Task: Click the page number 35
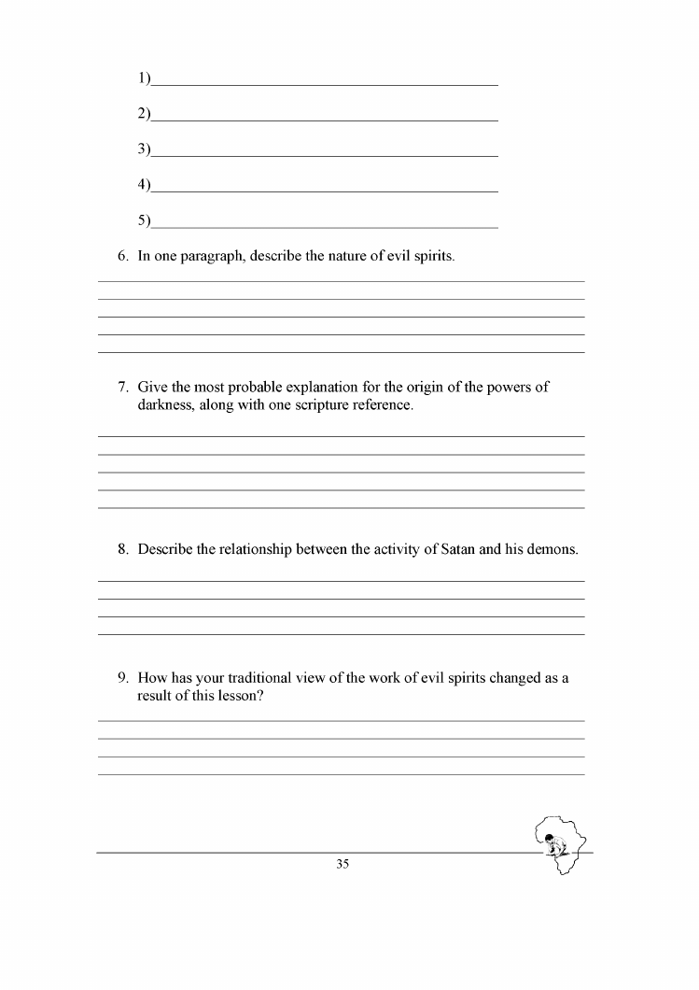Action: (342, 865)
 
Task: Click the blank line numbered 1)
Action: (324, 83)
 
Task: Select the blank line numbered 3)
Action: (324, 154)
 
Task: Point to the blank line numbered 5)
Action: (324, 226)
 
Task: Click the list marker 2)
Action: (144, 114)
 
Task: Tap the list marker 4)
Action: (144, 185)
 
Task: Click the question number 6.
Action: (122, 255)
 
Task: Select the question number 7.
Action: (122, 388)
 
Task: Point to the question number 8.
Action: (122, 549)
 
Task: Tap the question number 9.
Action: (122, 678)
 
